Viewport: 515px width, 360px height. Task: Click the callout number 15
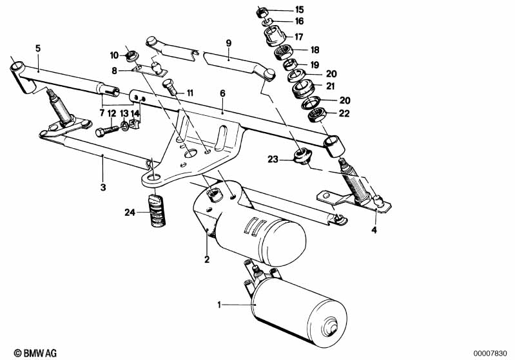(300, 10)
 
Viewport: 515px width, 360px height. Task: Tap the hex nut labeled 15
(262, 13)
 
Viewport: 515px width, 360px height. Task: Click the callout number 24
(130, 213)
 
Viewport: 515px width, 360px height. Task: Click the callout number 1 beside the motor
(219, 305)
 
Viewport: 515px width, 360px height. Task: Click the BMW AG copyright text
(35, 353)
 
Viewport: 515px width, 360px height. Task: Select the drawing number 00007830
(492, 354)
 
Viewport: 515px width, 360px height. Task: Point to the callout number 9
(229, 43)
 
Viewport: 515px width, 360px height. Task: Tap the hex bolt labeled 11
(170, 86)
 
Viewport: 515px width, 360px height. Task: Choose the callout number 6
(222, 93)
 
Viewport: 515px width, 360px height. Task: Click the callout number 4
(374, 230)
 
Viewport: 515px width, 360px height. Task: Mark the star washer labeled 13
(124, 126)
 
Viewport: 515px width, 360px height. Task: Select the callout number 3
(103, 187)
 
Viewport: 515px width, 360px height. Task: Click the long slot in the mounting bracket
(221, 138)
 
